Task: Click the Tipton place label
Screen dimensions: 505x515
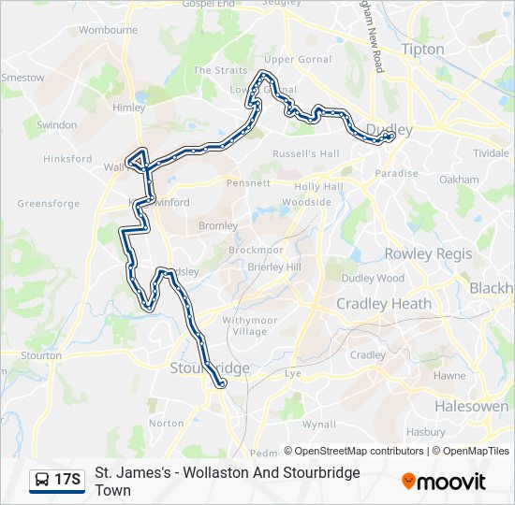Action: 421,49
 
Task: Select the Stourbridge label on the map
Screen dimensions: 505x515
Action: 210,368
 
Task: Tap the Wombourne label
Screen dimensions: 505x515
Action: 108,30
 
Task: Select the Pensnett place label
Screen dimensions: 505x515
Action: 247,183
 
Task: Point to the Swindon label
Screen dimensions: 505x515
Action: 56,124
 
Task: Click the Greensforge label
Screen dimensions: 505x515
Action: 49,203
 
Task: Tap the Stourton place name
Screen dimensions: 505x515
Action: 41,355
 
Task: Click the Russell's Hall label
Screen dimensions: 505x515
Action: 305,153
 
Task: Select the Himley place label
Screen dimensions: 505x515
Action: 128,108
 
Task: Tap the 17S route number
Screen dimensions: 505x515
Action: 68,480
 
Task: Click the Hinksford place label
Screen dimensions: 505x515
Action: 68,159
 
